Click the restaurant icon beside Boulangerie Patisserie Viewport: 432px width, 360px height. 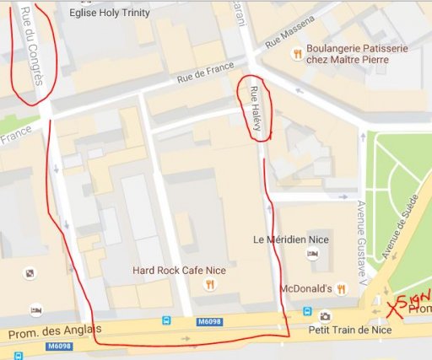296,54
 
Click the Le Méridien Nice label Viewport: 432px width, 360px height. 292,239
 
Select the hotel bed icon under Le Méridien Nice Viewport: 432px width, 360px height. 312,254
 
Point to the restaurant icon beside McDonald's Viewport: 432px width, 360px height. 341,287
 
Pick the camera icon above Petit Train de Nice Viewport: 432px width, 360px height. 325,317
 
